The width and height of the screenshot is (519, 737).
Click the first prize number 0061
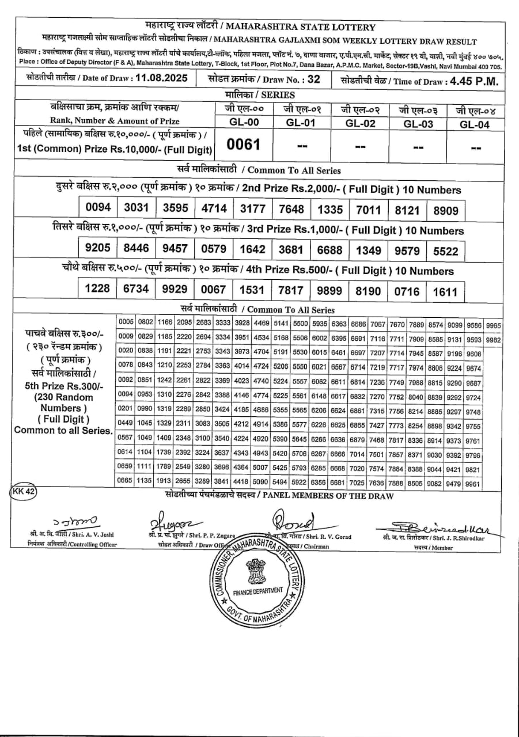click(x=244, y=145)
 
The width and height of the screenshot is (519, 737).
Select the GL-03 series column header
click(x=418, y=124)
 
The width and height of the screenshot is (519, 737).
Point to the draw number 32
click(x=313, y=79)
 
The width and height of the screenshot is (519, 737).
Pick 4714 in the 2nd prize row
click(x=213, y=208)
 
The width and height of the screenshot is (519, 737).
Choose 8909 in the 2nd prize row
click(x=446, y=210)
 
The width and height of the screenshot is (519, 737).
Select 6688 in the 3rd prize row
click(x=330, y=250)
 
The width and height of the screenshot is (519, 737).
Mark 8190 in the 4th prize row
click(x=368, y=291)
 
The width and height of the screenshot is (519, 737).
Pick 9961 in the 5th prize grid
click(x=473, y=484)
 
